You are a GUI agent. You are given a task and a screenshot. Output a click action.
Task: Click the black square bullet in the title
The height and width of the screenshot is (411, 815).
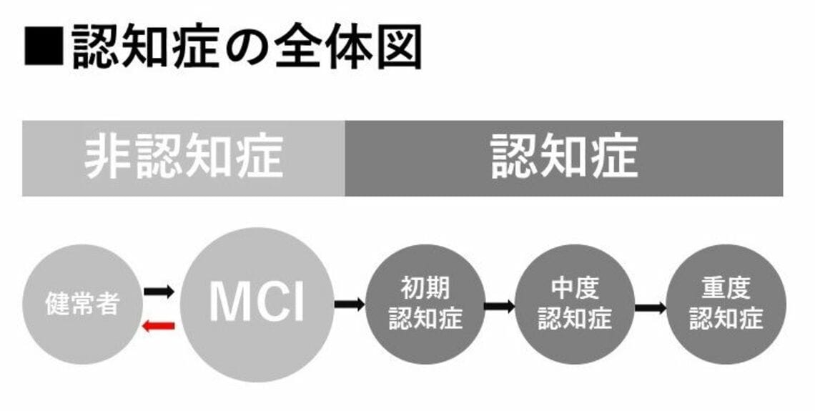[44, 46]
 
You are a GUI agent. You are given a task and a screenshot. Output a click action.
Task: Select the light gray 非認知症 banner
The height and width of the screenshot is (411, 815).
[183, 158]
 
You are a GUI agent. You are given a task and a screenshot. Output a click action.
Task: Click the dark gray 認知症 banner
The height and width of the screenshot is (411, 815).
[563, 158]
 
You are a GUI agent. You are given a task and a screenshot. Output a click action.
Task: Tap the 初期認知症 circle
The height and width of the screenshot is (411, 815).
[425, 304]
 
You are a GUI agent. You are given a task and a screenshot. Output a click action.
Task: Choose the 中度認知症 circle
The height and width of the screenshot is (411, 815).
[575, 304]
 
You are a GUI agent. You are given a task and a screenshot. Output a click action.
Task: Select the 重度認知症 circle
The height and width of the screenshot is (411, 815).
[726, 304]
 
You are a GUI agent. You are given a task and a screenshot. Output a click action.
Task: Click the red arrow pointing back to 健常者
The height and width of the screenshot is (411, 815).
[159, 326]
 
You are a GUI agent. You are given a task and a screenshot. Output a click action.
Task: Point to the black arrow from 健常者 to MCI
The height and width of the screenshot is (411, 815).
[159, 291]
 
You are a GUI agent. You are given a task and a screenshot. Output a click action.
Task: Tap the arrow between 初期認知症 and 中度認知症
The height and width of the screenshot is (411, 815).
[500, 307]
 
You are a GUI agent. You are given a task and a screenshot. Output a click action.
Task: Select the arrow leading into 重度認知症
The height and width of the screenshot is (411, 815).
[650, 308]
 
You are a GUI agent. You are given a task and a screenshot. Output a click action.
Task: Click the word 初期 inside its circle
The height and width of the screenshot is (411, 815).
[425, 289]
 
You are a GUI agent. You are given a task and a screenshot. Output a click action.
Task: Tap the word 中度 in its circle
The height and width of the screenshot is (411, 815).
[575, 289]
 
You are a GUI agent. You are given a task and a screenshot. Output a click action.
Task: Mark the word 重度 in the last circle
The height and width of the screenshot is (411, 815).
[726, 289]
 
